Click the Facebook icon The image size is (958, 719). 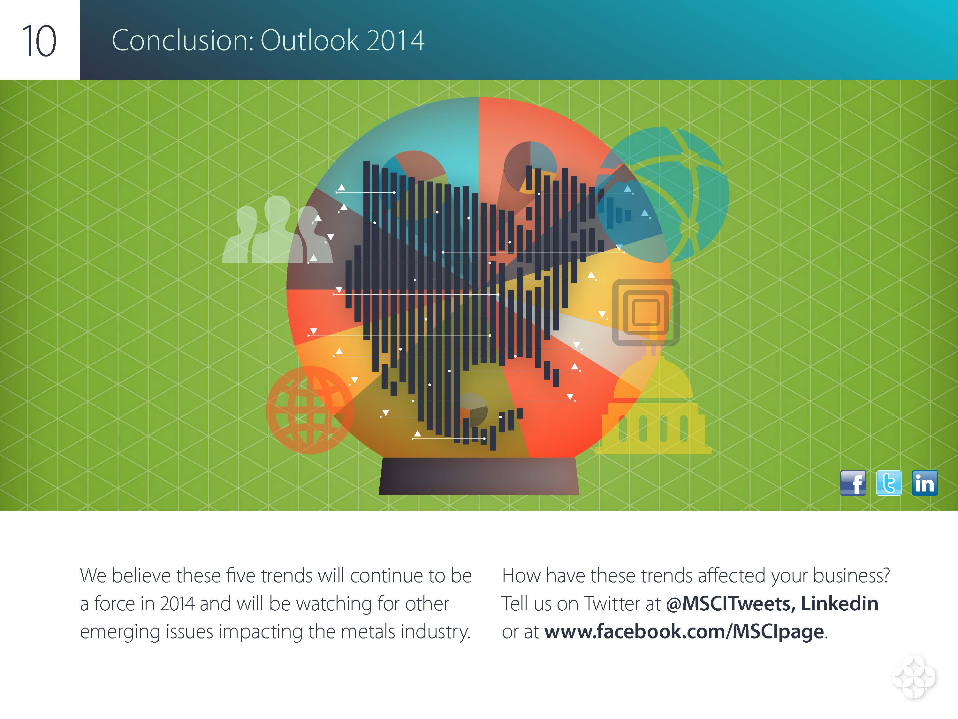[853, 483]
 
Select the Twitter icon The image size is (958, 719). [889, 483]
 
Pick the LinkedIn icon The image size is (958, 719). [925, 483]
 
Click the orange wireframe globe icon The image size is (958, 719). [310, 410]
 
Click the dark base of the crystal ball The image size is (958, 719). [479, 476]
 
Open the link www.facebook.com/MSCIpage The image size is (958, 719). [684, 632]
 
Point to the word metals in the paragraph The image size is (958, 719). [369, 631]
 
